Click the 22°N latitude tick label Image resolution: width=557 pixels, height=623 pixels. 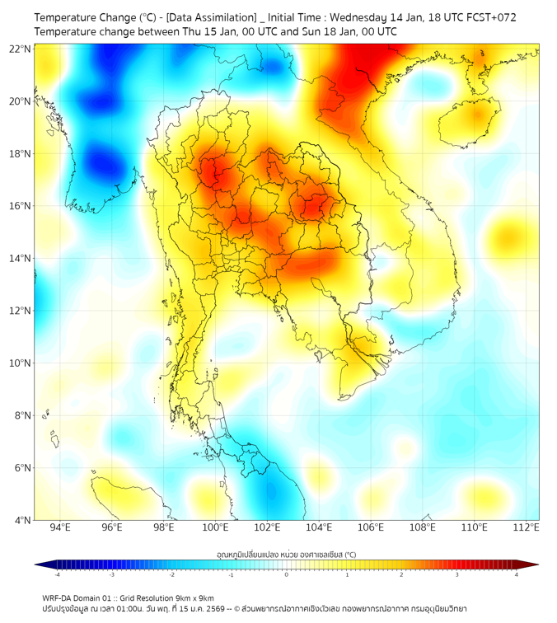[21, 49]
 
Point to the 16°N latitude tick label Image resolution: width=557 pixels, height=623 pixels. [21, 206]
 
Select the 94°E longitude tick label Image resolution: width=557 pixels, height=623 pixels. [60, 527]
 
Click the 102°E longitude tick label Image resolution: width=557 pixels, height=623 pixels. [267, 527]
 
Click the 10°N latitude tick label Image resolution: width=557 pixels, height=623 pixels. [21, 363]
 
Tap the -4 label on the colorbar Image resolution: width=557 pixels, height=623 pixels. [56, 574]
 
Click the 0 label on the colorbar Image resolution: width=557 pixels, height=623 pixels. [287, 574]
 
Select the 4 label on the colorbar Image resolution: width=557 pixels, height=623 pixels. [517, 574]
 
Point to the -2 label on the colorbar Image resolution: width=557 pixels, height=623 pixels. [171, 574]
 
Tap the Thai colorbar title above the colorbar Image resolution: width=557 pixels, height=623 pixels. [286, 555]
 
